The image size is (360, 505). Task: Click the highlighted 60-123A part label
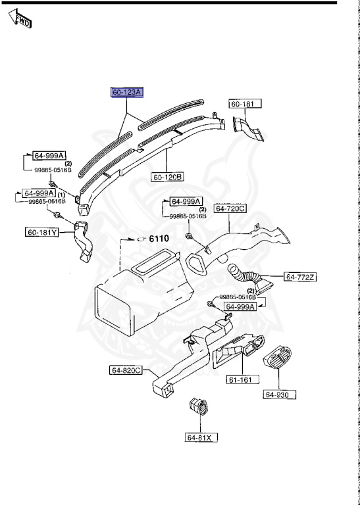pyautogui.click(x=126, y=93)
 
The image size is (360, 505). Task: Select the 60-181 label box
pyautogui.click(x=245, y=104)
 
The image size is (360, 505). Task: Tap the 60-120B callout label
pyautogui.click(x=168, y=177)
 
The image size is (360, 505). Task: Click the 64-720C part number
pyautogui.click(x=229, y=208)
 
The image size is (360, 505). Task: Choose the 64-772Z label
pyautogui.click(x=300, y=277)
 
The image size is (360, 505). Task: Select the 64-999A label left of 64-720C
pyautogui.click(x=187, y=201)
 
